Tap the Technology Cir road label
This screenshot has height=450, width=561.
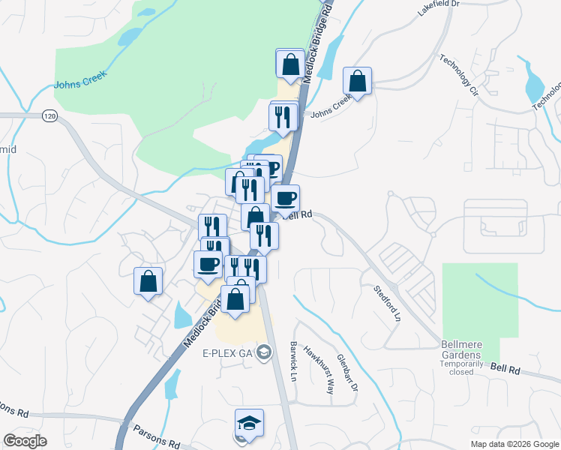point(458,76)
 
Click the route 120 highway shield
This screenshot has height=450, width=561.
point(49,116)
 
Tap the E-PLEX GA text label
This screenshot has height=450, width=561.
point(228,352)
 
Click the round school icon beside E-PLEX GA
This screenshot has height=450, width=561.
point(263,352)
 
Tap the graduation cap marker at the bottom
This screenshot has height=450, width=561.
point(249,424)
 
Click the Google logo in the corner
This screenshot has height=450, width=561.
point(25,440)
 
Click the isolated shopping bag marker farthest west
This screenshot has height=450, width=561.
point(148,282)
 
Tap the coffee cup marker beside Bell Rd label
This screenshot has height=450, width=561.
point(285,199)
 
